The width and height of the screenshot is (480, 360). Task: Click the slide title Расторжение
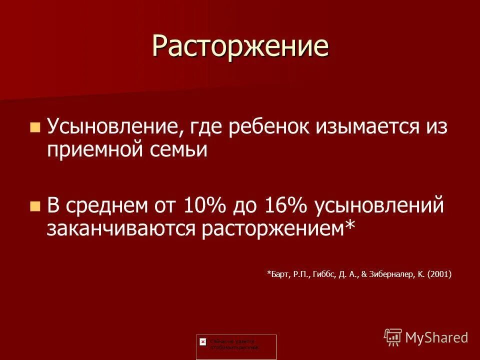click(240, 46)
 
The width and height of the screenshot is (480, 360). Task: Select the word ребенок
click(268, 127)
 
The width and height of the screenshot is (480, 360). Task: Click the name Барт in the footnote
click(277, 273)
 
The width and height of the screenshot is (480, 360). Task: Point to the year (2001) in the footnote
click(440, 273)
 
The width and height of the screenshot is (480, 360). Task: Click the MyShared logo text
click(436, 337)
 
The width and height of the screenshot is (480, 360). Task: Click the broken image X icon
click(202, 340)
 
